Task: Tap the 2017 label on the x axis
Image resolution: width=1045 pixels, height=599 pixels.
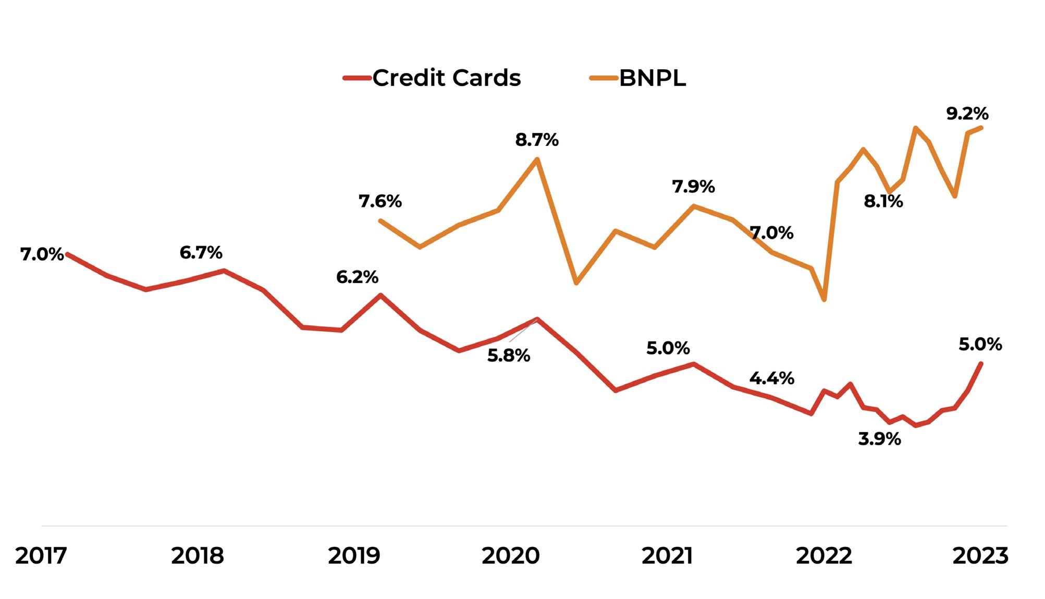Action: [41, 556]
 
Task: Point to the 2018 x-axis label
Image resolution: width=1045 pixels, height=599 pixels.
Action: [198, 556]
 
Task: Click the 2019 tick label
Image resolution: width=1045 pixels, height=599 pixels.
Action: [354, 556]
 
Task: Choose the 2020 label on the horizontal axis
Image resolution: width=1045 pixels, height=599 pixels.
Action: [510, 556]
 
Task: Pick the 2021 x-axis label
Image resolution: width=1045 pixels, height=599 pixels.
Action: [667, 556]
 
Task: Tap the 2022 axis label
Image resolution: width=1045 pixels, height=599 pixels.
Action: [823, 556]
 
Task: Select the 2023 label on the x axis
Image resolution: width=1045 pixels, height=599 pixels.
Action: [980, 556]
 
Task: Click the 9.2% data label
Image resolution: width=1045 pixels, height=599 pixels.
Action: [967, 114]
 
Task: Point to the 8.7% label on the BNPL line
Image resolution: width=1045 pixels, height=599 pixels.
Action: [537, 140]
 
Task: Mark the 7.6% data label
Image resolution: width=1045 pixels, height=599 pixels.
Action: [380, 201]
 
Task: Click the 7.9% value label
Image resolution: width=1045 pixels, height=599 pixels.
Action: [693, 187]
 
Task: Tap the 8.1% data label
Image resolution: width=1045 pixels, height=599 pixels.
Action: [883, 201]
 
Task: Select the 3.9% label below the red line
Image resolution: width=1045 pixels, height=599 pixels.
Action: [879, 439]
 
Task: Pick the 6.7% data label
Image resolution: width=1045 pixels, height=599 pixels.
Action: [201, 253]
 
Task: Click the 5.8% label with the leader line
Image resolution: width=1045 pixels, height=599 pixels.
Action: [509, 356]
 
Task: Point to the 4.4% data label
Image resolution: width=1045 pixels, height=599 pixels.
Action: [772, 378]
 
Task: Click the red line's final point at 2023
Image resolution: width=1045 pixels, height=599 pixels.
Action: [981, 363]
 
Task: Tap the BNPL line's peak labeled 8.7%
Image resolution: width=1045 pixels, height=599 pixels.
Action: [537, 158]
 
